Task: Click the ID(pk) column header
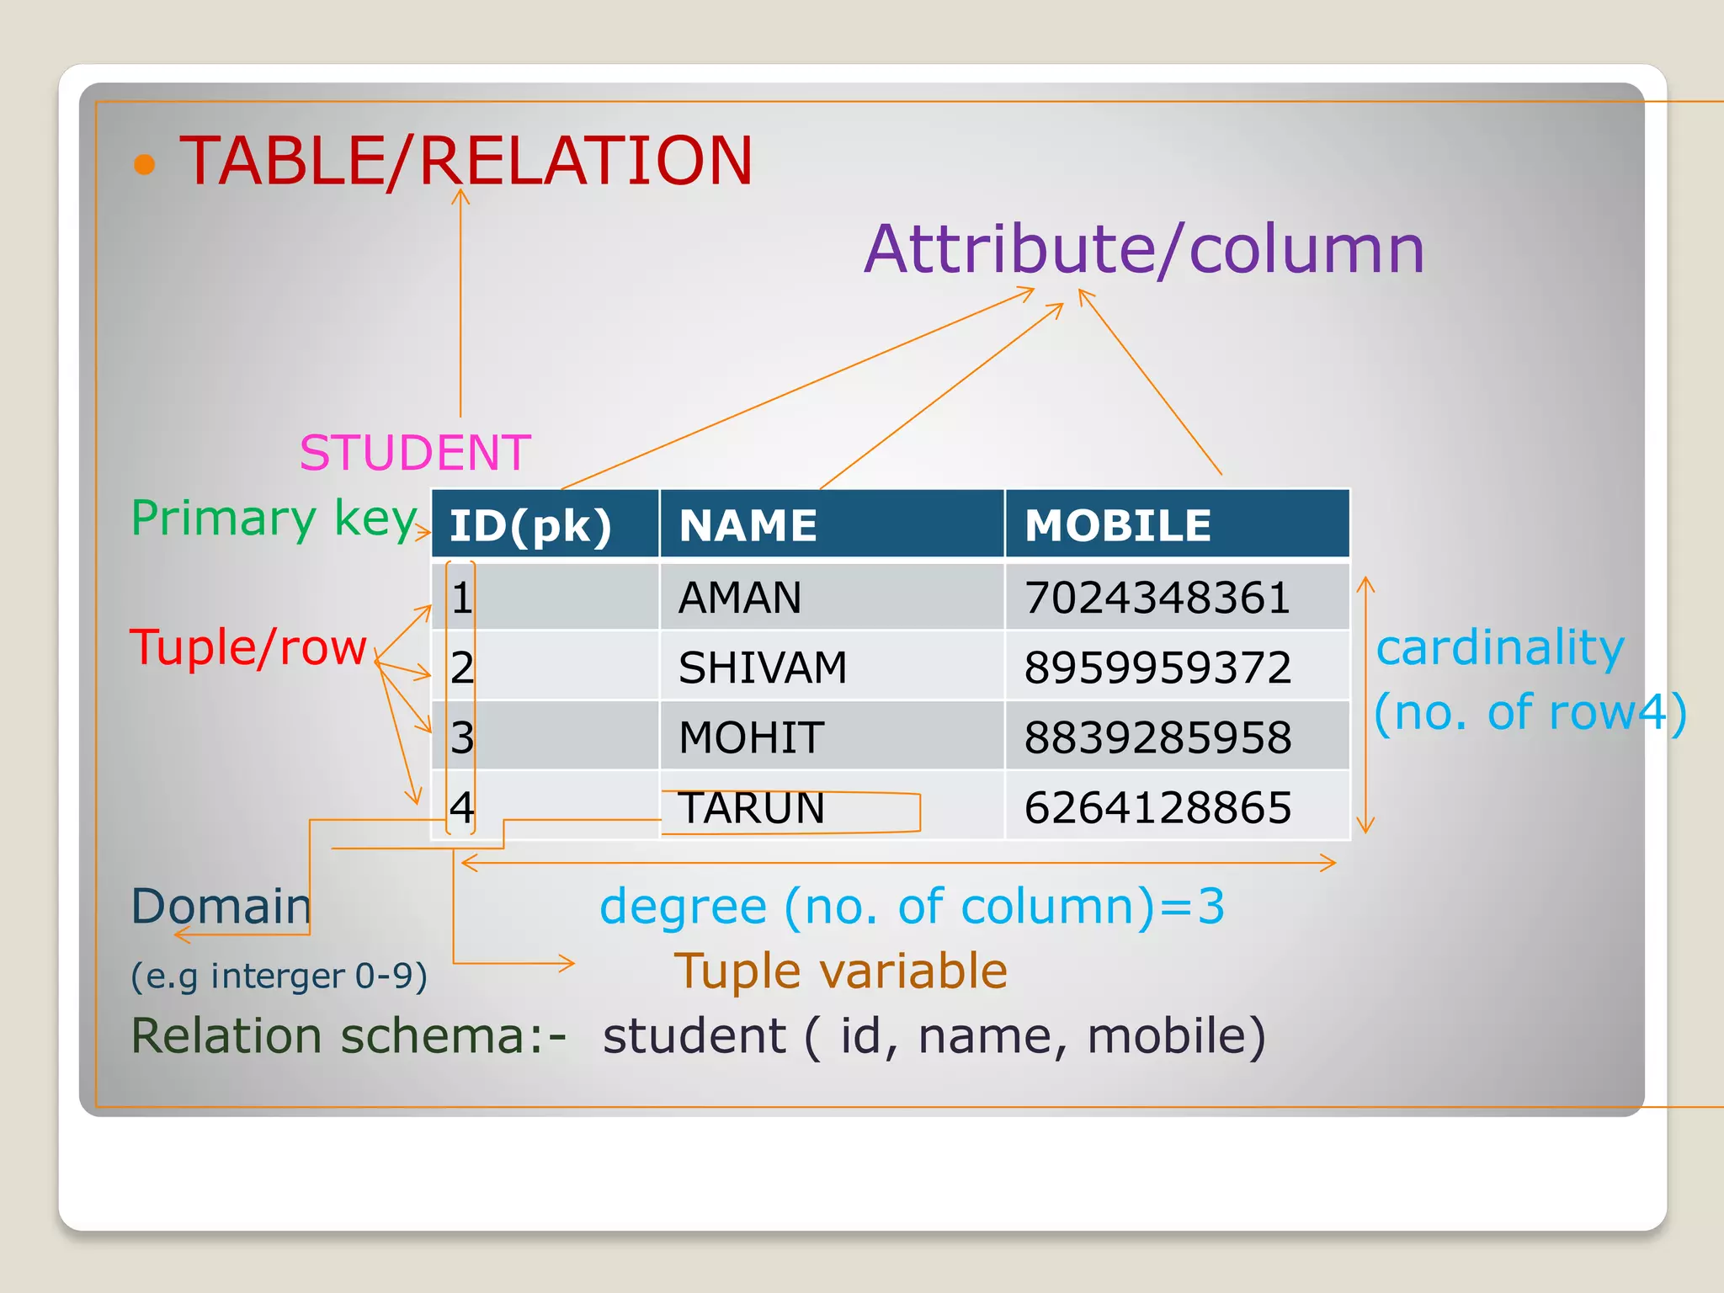tap(530, 526)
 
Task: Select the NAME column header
tap(748, 526)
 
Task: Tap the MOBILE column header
tap(1118, 526)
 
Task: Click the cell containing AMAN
tap(740, 598)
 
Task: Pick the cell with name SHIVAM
tap(763, 668)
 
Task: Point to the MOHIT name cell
tap(751, 737)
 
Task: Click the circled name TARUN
tap(751, 808)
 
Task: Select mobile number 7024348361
tap(1157, 598)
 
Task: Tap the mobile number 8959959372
tap(1157, 668)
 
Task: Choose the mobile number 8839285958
tap(1157, 737)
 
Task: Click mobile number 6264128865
tap(1157, 808)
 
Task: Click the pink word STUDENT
tap(415, 453)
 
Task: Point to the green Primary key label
tap(274, 518)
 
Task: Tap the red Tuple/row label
tap(248, 647)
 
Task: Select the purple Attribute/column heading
tap(1144, 249)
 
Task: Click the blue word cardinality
tap(1500, 647)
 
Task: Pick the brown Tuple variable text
tap(840, 971)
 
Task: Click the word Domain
tap(221, 906)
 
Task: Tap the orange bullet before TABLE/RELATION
tap(145, 164)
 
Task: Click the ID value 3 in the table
tap(462, 737)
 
